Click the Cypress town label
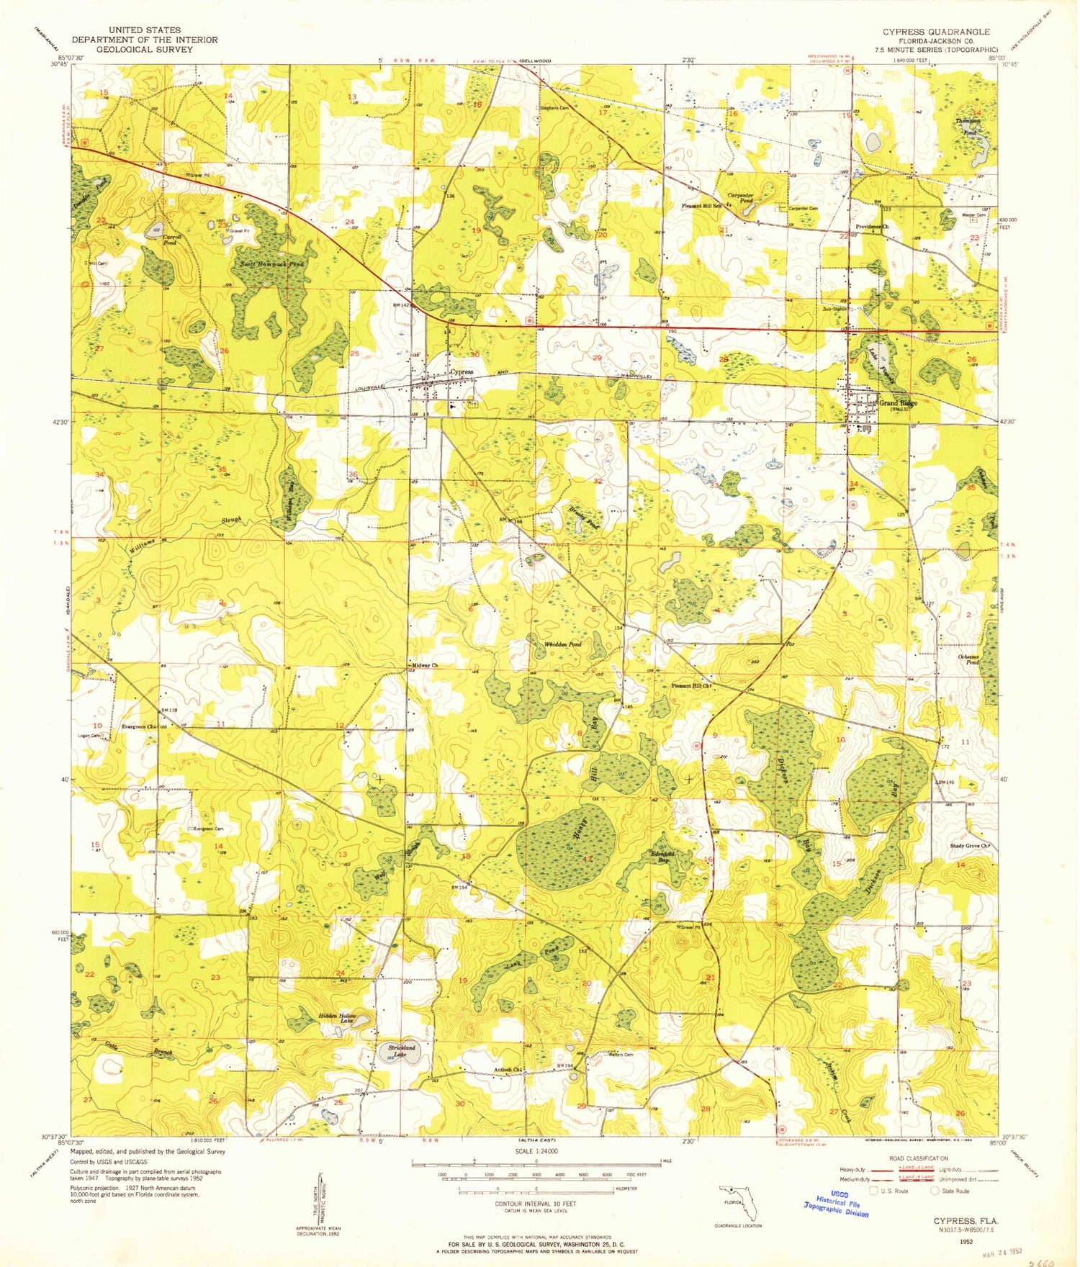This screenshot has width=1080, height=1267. (x=462, y=372)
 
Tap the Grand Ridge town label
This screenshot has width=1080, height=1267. (x=898, y=403)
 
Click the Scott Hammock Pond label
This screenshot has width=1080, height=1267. (x=272, y=264)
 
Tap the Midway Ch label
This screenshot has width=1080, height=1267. (x=425, y=665)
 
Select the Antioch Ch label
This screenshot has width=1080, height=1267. (x=507, y=1069)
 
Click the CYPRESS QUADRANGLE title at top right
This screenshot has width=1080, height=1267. (x=936, y=32)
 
